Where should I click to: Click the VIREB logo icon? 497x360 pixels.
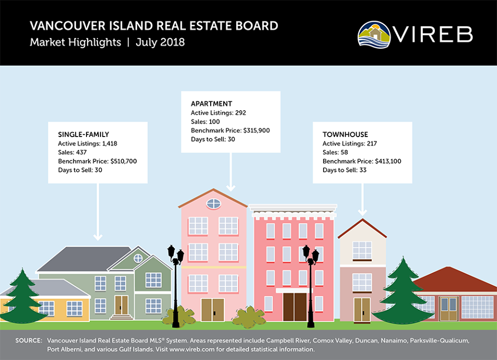(x=374, y=35)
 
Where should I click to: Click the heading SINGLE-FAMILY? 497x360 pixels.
(x=83, y=134)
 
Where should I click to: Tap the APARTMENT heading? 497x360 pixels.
(x=211, y=104)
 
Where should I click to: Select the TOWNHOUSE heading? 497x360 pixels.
(x=345, y=134)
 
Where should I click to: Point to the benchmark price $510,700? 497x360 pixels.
(x=124, y=161)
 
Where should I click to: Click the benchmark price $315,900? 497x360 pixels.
(x=256, y=130)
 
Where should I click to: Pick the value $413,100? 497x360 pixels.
(x=388, y=161)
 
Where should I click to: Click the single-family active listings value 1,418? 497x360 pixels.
(x=109, y=143)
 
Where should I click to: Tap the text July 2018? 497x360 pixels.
(x=160, y=42)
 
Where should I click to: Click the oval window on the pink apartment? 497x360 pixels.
(x=214, y=204)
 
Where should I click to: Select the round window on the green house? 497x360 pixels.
(x=138, y=259)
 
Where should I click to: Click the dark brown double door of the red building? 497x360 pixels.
(x=295, y=307)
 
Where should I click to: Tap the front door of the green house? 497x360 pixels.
(x=121, y=305)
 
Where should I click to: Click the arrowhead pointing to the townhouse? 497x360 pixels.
(x=362, y=212)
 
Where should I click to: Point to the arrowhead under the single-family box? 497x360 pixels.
(x=98, y=237)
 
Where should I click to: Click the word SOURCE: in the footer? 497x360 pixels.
(x=28, y=341)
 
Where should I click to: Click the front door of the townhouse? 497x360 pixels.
(x=362, y=310)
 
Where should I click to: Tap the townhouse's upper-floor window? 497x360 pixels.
(x=362, y=250)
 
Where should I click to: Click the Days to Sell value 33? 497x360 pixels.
(x=362, y=170)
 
